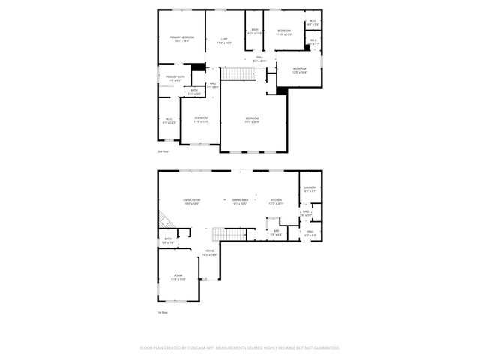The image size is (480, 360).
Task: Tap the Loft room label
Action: pos(224,40)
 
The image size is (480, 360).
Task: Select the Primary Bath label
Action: pos(169,77)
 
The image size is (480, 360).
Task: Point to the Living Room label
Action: pos(191,199)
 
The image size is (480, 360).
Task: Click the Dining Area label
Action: pos(240,199)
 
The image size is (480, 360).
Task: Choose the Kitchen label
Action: pos(276,199)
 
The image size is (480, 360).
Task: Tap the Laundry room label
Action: pos(310,188)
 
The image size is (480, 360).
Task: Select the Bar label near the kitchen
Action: pos(276,231)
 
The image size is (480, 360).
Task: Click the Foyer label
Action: pos(210,252)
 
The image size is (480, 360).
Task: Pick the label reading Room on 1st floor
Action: pos(178,275)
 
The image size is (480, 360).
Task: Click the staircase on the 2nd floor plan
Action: pos(239,73)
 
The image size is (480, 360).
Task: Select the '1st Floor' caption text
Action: pos(162,311)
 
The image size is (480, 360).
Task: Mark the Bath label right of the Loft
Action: pos(255,31)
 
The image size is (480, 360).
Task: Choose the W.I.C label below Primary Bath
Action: pos(169,119)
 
